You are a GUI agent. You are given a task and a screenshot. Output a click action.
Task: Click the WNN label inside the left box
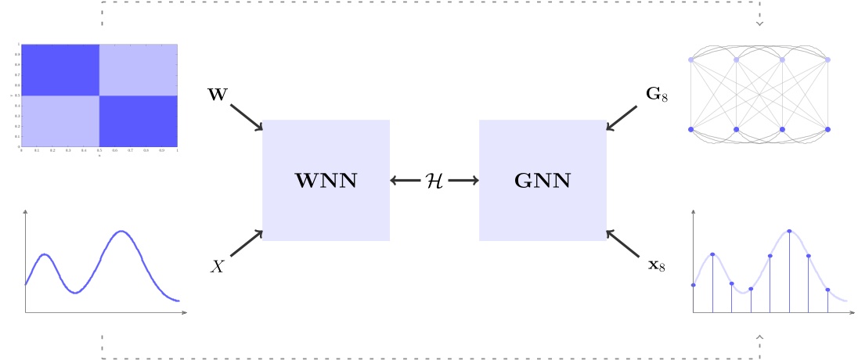(x=326, y=182)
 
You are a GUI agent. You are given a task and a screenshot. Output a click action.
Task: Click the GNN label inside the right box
(x=543, y=182)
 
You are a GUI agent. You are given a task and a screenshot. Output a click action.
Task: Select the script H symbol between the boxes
(x=434, y=181)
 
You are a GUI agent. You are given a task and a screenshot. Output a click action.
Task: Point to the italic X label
(x=218, y=267)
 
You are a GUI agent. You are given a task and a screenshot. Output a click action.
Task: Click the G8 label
(x=656, y=95)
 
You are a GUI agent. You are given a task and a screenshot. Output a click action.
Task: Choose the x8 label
(x=656, y=266)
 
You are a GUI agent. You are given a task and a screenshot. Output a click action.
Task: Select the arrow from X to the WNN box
(x=247, y=243)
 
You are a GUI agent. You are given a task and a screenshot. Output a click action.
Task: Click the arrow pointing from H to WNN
(x=406, y=181)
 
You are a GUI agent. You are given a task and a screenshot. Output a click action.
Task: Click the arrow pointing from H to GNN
(x=463, y=181)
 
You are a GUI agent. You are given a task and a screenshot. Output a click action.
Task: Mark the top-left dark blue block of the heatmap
(x=60, y=70)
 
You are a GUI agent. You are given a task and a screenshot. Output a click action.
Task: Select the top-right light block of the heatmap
(x=139, y=70)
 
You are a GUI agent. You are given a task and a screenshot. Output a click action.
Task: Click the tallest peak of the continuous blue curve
(x=121, y=232)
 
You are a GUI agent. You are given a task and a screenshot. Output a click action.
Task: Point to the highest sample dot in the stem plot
(x=789, y=231)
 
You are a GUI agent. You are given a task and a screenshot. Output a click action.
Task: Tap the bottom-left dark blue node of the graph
(x=690, y=129)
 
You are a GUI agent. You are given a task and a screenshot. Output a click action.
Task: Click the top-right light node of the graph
(x=827, y=59)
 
